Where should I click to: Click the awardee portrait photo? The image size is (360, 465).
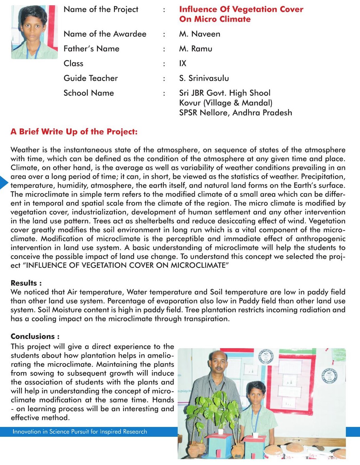[34, 32]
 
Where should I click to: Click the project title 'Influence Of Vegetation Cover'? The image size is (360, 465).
[241, 9]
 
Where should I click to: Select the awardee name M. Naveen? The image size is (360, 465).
[200, 34]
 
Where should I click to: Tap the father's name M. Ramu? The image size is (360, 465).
[196, 49]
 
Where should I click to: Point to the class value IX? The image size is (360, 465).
[183, 63]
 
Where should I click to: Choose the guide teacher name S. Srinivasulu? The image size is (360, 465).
[204, 78]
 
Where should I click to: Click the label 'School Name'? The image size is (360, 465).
[89, 93]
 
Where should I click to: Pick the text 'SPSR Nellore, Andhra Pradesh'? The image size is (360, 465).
[236, 113]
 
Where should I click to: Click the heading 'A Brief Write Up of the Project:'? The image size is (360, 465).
[74, 132]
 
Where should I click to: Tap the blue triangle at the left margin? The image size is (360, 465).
[3, 182]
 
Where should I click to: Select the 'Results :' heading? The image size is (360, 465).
[26, 283]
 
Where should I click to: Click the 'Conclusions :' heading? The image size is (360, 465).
[35, 336]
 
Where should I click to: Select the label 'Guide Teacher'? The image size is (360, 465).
[91, 78]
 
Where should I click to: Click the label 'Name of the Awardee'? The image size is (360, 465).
[105, 34]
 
